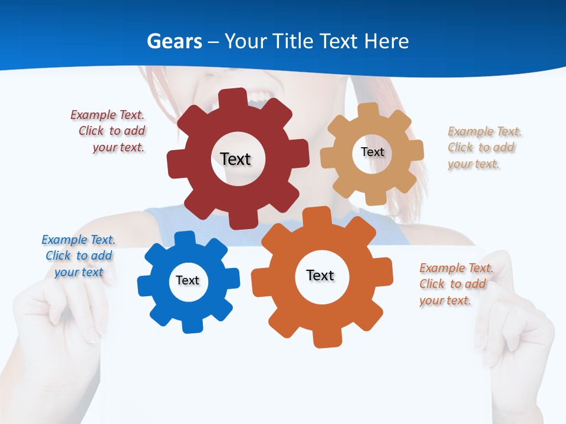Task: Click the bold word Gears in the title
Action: coord(174,41)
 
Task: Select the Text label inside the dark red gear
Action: coord(235,159)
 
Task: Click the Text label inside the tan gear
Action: coord(372,152)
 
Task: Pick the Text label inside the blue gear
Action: coord(187,280)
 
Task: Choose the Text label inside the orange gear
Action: coord(320,275)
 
